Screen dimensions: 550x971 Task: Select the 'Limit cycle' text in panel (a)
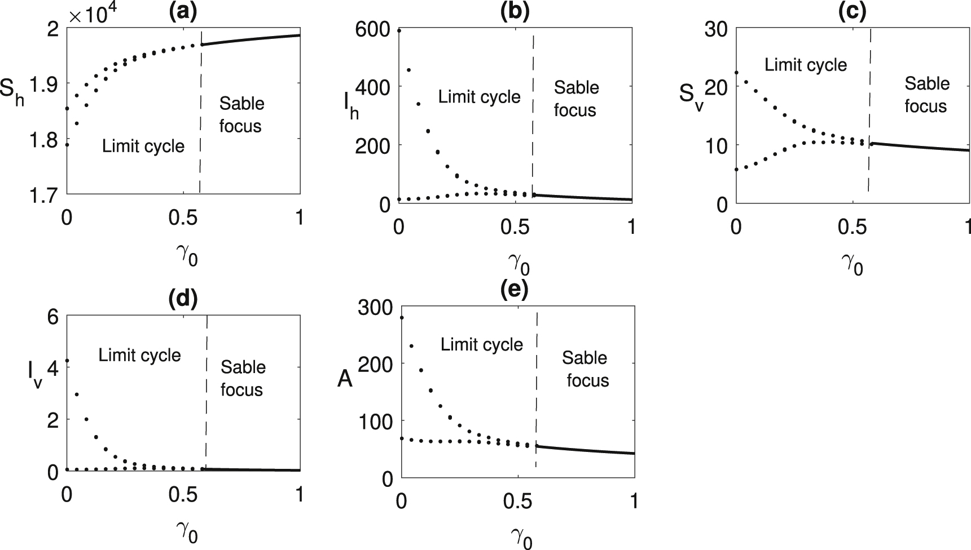click(x=143, y=147)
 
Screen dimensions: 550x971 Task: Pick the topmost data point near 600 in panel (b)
click(x=399, y=30)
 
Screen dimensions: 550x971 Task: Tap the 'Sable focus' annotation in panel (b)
click(x=576, y=99)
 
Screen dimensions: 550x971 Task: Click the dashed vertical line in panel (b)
click(x=533, y=113)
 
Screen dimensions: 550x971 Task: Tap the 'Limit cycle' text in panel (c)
click(x=806, y=65)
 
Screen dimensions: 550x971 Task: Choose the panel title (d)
click(x=183, y=299)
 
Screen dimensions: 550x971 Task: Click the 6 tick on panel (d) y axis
click(x=53, y=317)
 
